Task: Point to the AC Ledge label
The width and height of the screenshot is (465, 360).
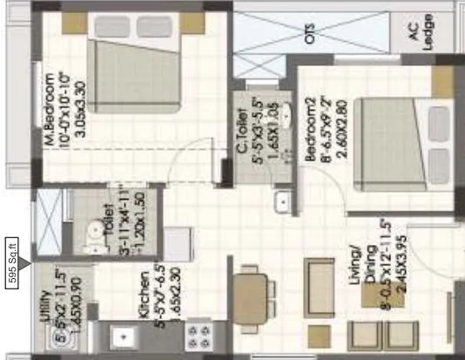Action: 428,34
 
